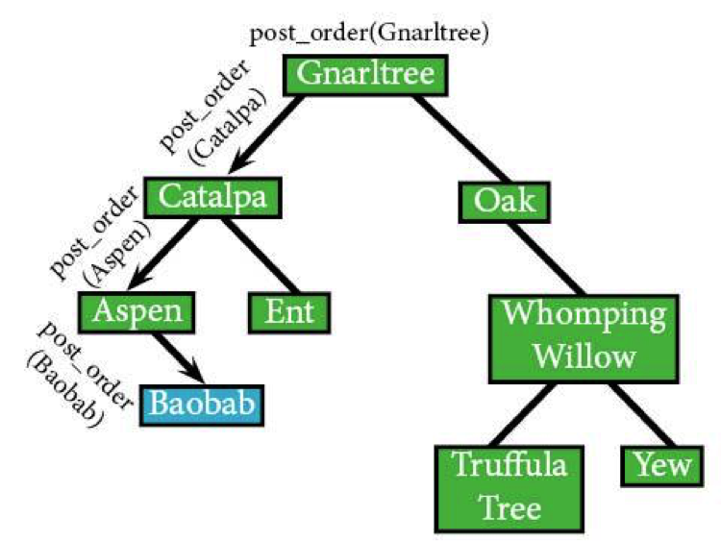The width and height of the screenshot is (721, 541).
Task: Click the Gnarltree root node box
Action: (365, 75)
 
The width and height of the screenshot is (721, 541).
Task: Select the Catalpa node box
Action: (212, 197)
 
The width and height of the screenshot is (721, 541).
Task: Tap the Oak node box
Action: (505, 202)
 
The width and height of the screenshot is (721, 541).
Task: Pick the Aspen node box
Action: (137, 312)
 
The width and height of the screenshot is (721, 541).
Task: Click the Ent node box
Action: (289, 312)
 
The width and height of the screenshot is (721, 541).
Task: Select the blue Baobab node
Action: (202, 405)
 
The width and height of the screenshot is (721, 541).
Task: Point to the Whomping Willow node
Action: (584, 339)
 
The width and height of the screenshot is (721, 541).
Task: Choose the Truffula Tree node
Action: (510, 488)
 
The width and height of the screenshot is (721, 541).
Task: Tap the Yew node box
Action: (662, 466)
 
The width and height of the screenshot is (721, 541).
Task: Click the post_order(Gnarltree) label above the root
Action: (369, 33)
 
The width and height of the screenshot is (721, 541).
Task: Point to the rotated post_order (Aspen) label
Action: (101, 237)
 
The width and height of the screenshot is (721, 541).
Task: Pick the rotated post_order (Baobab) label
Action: (78, 375)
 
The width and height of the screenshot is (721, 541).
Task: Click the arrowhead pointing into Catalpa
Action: (240, 162)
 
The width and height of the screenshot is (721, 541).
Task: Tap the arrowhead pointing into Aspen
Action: (138, 279)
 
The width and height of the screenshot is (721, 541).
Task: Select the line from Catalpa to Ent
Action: (260, 255)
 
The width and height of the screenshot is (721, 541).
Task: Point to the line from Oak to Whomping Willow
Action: (546, 259)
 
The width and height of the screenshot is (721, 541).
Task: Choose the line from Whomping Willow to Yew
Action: (644, 414)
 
